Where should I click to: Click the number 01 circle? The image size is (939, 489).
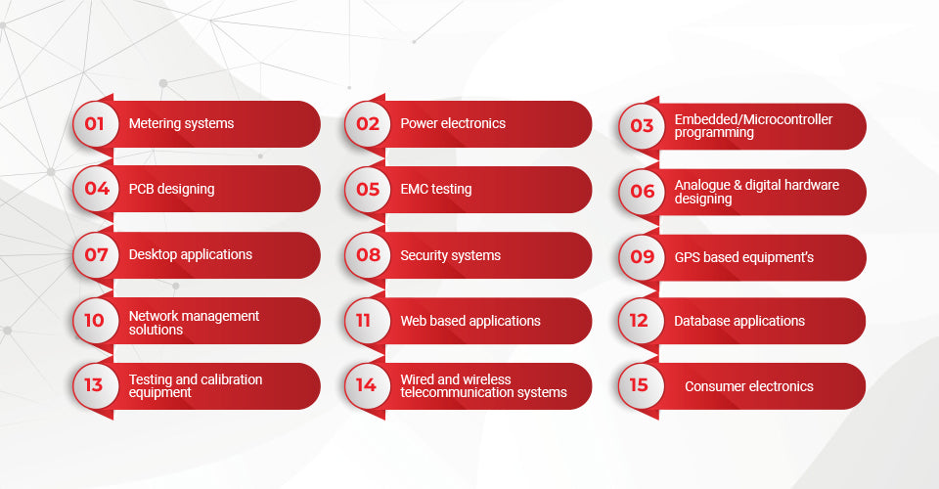click(96, 124)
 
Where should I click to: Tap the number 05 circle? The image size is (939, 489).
click(368, 189)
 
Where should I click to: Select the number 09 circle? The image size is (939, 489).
click(642, 257)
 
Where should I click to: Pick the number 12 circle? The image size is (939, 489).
click(641, 321)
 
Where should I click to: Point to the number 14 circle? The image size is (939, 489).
click(368, 385)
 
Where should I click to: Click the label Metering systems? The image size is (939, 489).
click(182, 124)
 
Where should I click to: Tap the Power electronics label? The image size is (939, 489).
click(453, 123)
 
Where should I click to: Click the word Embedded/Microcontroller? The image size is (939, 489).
click(753, 119)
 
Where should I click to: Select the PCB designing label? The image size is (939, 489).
click(171, 189)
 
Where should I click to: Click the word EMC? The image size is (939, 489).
click(413, 189)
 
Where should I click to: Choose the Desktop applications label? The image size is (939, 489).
click(191, 254)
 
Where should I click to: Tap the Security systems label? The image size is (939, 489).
click(450, 255)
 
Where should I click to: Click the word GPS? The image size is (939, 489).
click(687, 257)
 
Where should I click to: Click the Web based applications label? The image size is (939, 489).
click(470, 321)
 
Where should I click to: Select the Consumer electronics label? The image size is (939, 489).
click(748, 386)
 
